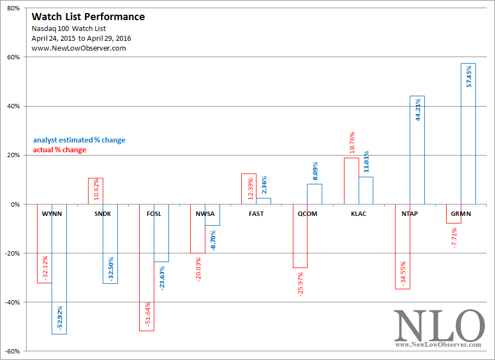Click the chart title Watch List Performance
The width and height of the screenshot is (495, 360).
pyautogui.click(x=88, y=16)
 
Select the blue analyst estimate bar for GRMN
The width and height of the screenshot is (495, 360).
pyautogui.click(x=468, y=134)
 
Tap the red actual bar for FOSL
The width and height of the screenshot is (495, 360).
pyautogui.click(x=147, y=268)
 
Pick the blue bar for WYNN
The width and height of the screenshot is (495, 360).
pyautogui.click(x=59, y=269)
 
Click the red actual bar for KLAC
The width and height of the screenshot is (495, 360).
pyautogui.click(x=352, y=181)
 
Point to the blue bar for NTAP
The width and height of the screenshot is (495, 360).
pyautogui.click(x=417, y=150)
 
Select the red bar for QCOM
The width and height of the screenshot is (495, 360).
pyautogui.click(x=300, y=236)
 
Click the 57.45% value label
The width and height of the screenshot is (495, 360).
pyautogui.click(x=469, y=76)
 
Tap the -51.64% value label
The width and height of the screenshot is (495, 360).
pyautogui.click(x=147, y=314)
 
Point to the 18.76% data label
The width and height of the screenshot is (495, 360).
pyautogui.click(x=352, y=143)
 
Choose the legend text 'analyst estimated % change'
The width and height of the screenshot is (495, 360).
pyautogui.click(x=79, y=140)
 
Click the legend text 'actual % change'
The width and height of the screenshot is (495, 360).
pyautogui.click(x=60, y=150)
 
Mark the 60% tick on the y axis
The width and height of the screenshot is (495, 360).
pyautogui.click(x=13, y=57)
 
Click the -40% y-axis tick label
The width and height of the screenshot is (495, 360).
pyautogui.click(x=12, y=302)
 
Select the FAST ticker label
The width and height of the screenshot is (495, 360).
pyautogui.click(x=256, y=214)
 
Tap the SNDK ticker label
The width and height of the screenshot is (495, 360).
pyautogui.click(x=103, y=214)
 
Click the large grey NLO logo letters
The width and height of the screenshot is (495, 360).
pyautogui.click(x=439, y=326)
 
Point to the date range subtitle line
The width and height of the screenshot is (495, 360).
pyautogui.click(x=81, y=39)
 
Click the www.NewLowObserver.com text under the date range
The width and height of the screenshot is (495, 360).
pyautogui.click(x=79, y=48)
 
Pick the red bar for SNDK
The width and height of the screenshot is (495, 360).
pyautogui.click(x=95, y=191)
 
